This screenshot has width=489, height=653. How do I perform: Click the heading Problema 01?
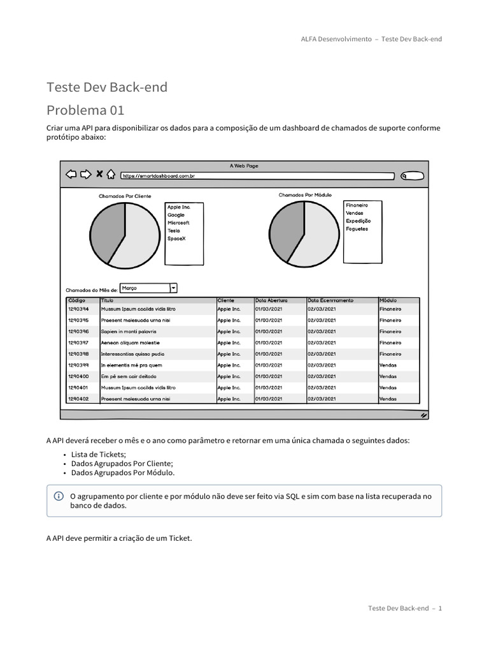86,109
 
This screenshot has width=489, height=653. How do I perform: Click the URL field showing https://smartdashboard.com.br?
255,175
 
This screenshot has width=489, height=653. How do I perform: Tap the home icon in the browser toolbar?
111,175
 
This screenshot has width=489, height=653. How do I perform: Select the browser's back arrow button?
71,175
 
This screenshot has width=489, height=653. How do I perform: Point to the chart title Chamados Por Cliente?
125,196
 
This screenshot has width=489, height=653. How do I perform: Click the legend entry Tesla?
174,231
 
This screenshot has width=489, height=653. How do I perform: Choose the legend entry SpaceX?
176,238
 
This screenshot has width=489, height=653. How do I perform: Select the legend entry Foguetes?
357,229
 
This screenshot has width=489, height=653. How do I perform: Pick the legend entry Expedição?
358,221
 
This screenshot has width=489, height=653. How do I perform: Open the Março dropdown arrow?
173,288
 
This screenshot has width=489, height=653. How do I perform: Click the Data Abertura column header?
271,300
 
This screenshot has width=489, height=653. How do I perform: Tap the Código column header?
76,300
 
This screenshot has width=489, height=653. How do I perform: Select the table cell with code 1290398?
78,354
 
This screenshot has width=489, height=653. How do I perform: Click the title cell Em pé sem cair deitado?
129,376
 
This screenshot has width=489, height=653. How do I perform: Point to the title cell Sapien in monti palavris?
129,332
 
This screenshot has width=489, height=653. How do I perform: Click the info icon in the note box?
59,496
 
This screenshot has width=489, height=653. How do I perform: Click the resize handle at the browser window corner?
423,415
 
